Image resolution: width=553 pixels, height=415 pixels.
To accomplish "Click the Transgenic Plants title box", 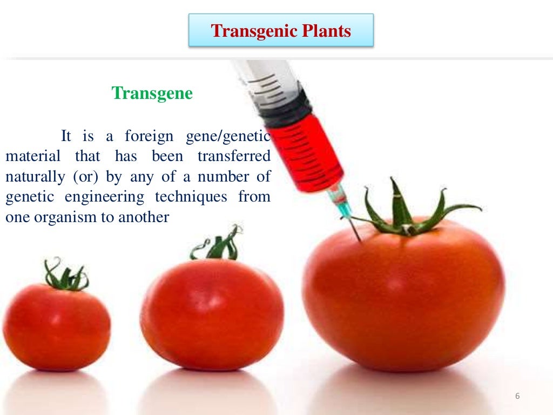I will tap(281, 31).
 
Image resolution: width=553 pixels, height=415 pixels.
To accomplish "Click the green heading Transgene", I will tap(152, 93).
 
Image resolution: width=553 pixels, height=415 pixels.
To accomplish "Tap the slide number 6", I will tap(517, 397).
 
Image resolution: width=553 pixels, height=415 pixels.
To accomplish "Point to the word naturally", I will tap(32, 177).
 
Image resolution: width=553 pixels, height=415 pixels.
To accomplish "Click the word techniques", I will tap(191, 197).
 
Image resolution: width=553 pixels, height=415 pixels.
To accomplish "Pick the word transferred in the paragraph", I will tap(233, 156).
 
